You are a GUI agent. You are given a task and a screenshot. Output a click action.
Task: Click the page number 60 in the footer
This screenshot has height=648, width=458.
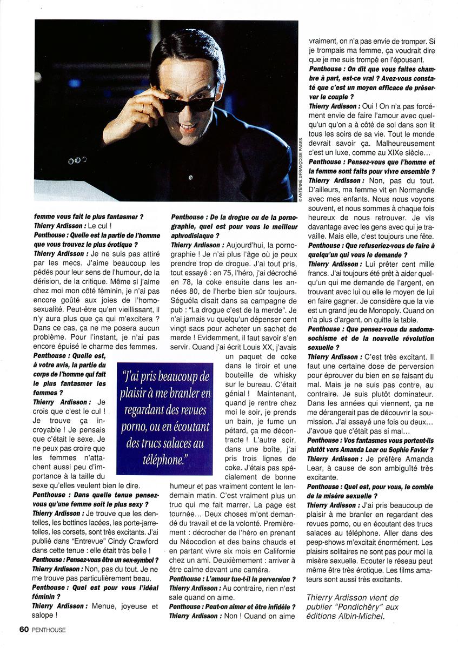24,629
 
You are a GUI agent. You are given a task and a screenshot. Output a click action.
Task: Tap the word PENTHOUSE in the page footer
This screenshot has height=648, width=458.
49,630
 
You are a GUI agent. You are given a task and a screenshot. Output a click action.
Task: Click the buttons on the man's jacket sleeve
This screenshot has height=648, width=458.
77,160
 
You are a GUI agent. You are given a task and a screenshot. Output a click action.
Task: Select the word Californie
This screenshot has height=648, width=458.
273,550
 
